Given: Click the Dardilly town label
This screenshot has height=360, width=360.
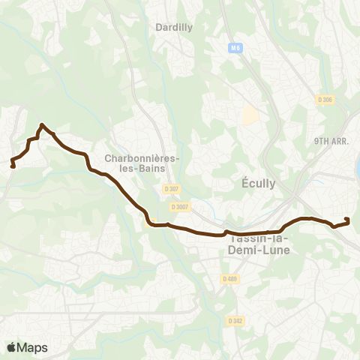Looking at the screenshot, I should (174, 27).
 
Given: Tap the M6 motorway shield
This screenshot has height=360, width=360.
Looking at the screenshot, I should (235, 48).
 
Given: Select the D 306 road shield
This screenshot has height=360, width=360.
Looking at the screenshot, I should (325, 100).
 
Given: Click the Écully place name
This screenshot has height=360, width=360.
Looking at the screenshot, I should (256, 183).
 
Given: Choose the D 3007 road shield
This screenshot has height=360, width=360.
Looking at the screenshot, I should (178, 206).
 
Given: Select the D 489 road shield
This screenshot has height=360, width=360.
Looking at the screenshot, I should (229, 279).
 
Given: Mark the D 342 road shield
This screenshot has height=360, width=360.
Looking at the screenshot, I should (235, 320).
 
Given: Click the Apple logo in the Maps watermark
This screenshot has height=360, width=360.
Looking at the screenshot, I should (12, 347).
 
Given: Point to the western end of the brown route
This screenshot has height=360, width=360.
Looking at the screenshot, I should (13, 166).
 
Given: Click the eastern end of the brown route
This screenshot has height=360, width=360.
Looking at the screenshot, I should (347, 219).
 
